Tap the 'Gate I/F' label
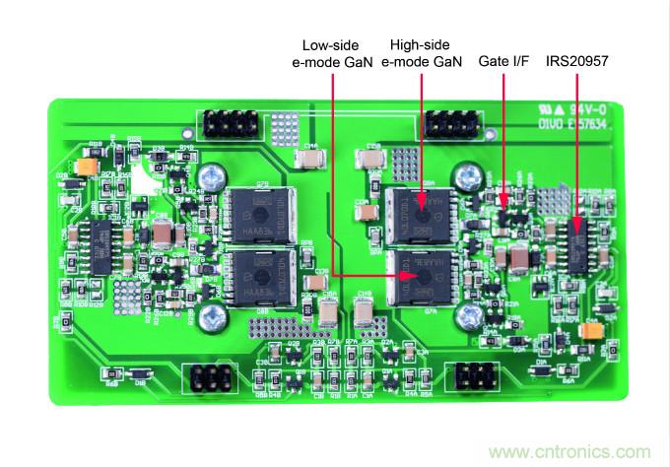(x=502, y=61)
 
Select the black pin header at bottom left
(x=210, y=377)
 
